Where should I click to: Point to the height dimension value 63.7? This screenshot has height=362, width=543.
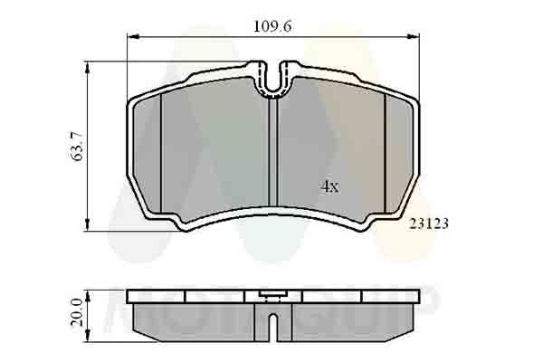tap(78, 146)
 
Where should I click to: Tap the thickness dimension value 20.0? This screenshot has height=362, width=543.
tap(78, 311)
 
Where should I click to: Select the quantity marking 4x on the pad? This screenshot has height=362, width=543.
tap(329, 186)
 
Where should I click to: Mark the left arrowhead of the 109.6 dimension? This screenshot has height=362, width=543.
tap(129, 37)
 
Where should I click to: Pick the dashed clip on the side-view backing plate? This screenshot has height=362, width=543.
tap(269, 294)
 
